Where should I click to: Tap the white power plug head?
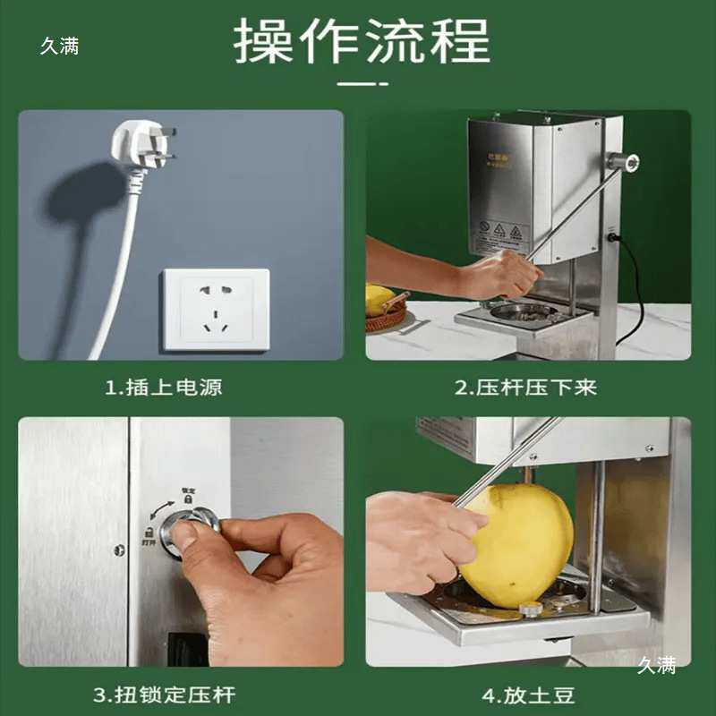click(x=134, y=143)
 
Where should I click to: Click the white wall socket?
click(x=215, y=309)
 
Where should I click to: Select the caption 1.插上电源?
click(x=164, y=388)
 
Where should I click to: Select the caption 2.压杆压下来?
click(x=525, y=388)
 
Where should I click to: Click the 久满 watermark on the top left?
click(x=59, y=47)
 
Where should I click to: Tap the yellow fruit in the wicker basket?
click(x=379, y=298)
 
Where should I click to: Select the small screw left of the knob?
click(x=120, y=549)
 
